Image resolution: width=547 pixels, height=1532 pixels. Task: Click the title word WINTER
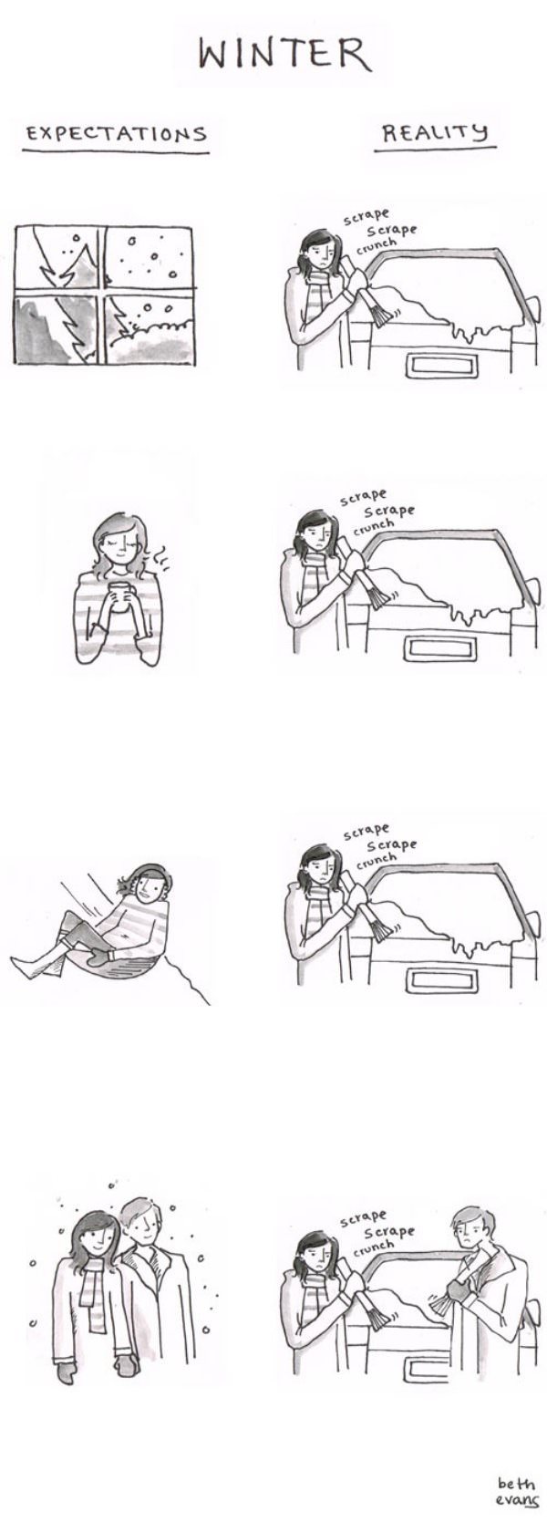(x=284, y=54)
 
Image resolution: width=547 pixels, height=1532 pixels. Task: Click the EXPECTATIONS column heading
(x=116, y=133)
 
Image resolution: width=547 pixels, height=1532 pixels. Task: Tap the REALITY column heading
(x=434, y=132)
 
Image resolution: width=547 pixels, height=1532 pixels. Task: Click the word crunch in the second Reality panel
(x=373, y=526)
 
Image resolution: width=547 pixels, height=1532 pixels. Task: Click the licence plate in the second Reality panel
(x=442, y=648)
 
